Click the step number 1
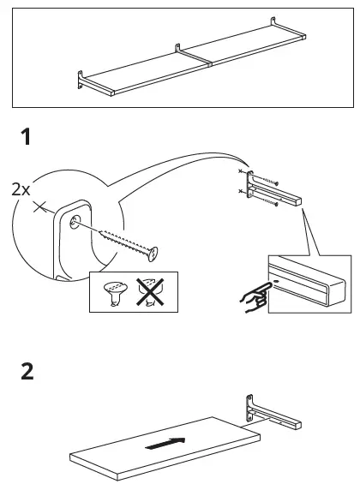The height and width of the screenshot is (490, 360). [28, 138]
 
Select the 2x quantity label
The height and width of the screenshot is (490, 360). [21, 189]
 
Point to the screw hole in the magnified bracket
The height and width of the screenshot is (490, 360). [75, 220]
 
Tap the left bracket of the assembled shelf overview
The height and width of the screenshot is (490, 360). [80, 82]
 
